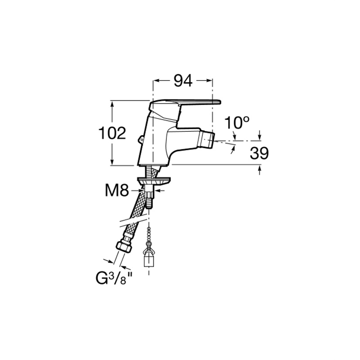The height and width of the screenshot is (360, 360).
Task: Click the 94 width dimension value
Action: pos(183,81)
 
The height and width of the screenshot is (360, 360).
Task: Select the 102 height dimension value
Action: pos(112,133)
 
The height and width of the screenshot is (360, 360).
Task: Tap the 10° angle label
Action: pos(237,122)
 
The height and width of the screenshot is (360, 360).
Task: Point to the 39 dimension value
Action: pos(259,153)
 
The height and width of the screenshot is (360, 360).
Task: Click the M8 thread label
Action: pos(117,190)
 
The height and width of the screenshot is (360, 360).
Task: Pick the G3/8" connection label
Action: pos(114,279)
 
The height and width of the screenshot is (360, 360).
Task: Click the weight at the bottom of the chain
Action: pos(149,258)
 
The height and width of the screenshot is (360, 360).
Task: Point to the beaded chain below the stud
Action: pos(149,234)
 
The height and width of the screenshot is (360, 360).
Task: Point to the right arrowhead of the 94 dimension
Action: pos(209,81)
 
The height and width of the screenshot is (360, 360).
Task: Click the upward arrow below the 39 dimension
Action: pos(260,170)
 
